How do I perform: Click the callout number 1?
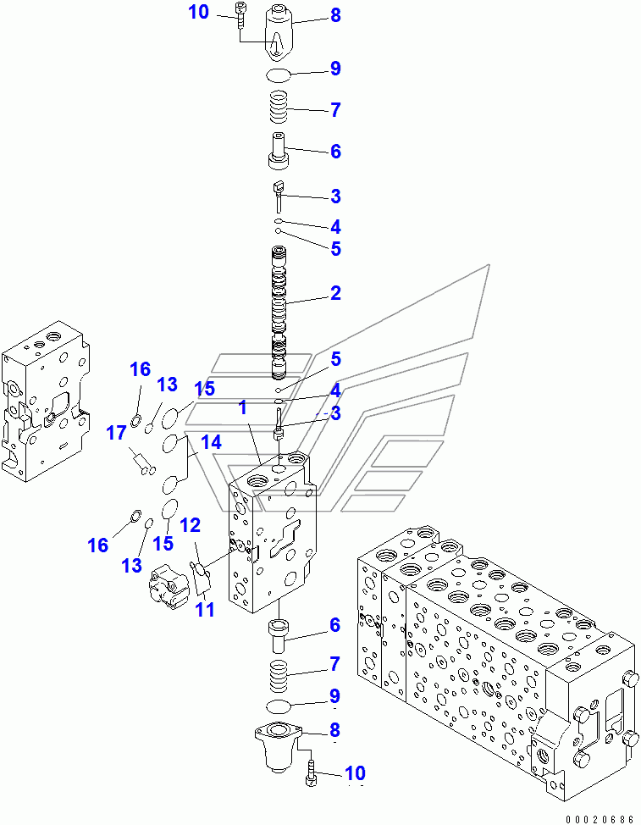click(242, 407)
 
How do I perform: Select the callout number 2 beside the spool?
click(335, 294)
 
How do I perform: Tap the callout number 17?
click(116, 435)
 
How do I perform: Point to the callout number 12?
click(190, 525)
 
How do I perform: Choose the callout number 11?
click(205, 608)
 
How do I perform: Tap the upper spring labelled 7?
click(279, 110)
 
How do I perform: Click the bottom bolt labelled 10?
click(312, 773)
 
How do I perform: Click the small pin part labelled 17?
click(141, 462)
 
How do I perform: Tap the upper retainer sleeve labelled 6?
click(279, 151)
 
